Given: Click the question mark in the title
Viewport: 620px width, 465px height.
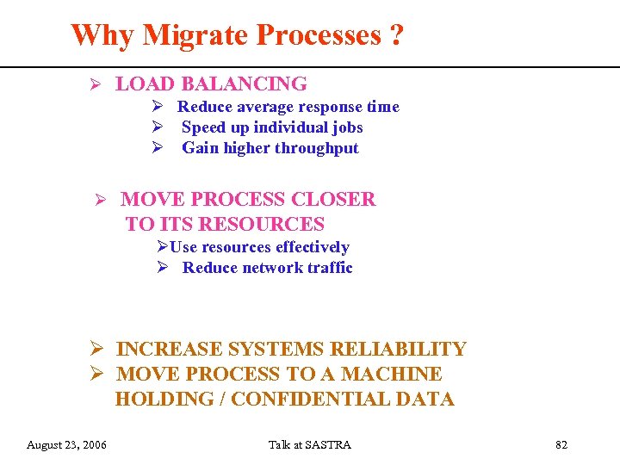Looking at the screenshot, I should point(395,36).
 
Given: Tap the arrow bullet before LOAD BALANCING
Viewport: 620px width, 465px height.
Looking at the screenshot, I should point(97,84).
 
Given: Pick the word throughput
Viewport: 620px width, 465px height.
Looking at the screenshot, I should point(317,148).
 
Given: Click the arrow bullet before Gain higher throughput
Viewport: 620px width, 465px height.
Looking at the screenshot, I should point(158,148).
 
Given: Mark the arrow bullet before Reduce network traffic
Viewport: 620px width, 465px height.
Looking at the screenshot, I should point(162,268).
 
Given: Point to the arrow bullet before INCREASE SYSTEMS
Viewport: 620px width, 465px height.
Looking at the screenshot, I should point(98,350).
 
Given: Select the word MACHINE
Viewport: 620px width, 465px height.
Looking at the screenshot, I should point(391,375).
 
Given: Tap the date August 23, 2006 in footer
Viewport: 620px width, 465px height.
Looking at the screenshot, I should point(66,445).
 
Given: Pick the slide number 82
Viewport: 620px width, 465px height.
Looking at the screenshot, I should point(561,445).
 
